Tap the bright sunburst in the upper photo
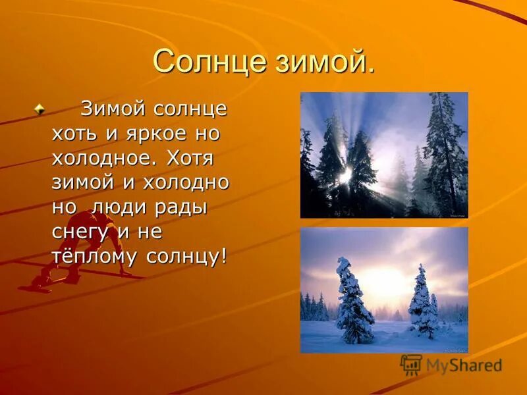(346, 174)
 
